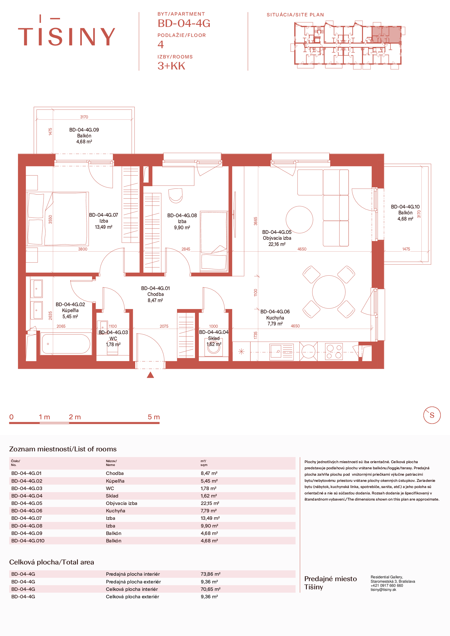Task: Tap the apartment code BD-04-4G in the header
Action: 184,23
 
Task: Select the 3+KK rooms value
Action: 171,66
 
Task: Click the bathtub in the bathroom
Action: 66,344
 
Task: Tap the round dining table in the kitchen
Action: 329,292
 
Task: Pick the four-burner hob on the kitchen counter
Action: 334,352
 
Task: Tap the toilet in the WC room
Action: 112,348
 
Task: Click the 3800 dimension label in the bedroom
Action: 83,249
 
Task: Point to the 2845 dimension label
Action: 186,249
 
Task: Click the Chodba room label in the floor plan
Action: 155,294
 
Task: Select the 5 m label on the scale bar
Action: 154,417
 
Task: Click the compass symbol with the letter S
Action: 432,415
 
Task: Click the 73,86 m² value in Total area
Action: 211,574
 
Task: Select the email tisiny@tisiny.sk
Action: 383,590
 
